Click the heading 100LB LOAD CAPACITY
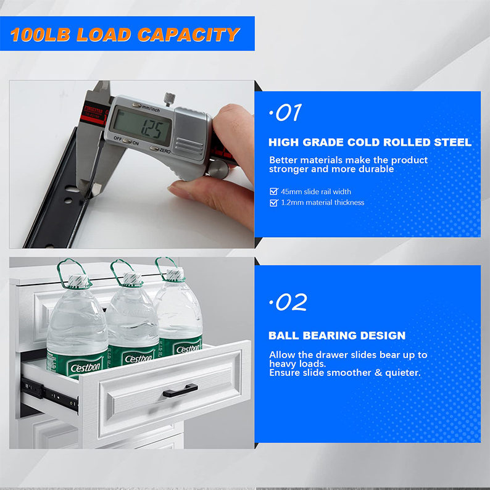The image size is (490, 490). (125, 34)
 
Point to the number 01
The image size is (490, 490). (286, 113)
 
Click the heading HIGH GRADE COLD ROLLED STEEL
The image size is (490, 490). (370, 143)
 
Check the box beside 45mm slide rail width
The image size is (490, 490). (274, 192)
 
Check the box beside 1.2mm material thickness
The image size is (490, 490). (274, 202)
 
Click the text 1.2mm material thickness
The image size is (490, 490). (322, 202)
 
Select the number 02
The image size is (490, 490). (288, 302)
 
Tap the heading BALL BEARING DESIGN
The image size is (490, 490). (337, 336)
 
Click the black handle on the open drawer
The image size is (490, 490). (180, 389)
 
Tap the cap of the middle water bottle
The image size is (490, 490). (130, 279)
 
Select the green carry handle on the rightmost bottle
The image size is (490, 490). (167, 267)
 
